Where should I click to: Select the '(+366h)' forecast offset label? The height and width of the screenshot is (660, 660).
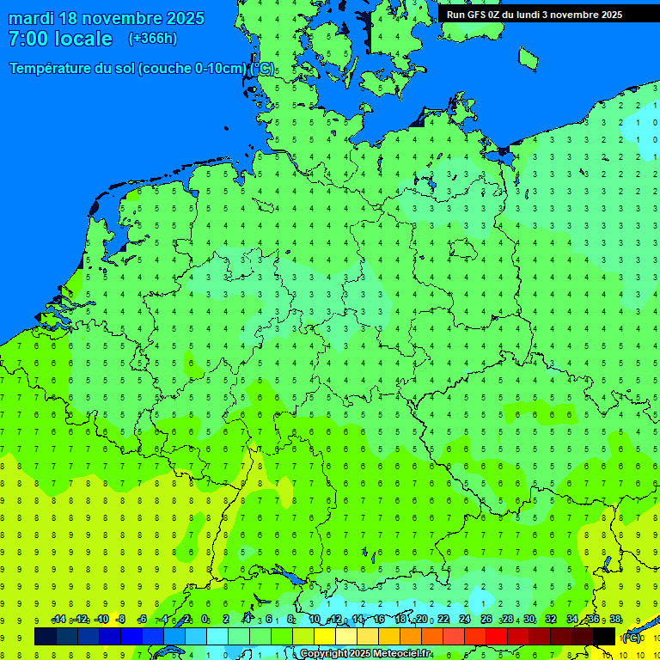tap(152, 39)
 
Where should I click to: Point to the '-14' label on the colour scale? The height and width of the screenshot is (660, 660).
tap(58, 620)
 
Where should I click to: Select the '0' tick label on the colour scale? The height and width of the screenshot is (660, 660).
tap(205, 620)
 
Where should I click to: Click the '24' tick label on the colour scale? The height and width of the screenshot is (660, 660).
tap(465, 620)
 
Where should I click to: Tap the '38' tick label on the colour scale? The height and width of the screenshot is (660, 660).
tap(615, 620)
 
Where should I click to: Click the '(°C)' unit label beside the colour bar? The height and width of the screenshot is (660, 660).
tap(631, 638)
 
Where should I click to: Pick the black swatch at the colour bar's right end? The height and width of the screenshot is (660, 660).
tap(604, 636)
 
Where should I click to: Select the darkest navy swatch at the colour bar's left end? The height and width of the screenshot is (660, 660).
tap(46, 636)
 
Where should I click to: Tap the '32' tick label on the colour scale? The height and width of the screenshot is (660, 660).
tap(551, 620)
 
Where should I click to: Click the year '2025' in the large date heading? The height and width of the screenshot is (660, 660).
tap(184, 18)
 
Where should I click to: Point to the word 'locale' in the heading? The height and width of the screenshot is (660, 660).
tap(82, 39)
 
